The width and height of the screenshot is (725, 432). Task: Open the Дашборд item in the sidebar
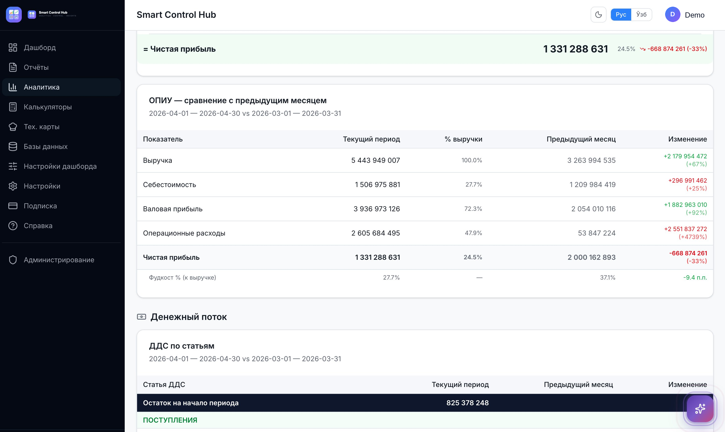tap(40, 48)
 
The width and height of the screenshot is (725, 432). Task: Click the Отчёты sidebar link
tap(36, 67)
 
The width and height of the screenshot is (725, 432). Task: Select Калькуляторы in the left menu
tap(48, 107)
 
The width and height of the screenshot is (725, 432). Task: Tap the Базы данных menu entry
tap(45, 146)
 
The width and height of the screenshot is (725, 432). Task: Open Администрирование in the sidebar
tap(59, 260)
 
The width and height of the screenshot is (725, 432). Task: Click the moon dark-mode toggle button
tap(598, 15)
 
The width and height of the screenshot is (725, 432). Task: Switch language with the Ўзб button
tap(641, 15)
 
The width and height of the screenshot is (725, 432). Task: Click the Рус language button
tap(621, 15)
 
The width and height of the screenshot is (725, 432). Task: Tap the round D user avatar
tap(672, 15)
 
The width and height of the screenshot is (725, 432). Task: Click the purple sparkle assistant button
tap(700, 409)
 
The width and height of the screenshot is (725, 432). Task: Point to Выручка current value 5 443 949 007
tap(375, 160)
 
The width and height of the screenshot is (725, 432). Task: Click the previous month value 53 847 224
tap(597, 233)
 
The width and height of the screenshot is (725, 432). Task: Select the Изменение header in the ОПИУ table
tap(687, 139)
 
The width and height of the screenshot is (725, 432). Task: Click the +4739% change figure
tap(693, 237)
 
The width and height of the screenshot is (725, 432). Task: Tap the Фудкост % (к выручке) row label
tap(182, 277)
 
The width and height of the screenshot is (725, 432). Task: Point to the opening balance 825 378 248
tap(467, 403)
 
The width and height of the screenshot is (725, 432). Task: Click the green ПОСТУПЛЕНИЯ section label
tap(170, 420)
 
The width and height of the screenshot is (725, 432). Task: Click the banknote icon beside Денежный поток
tap(142, 317)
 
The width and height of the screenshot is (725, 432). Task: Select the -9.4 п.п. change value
tap(695, 277)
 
